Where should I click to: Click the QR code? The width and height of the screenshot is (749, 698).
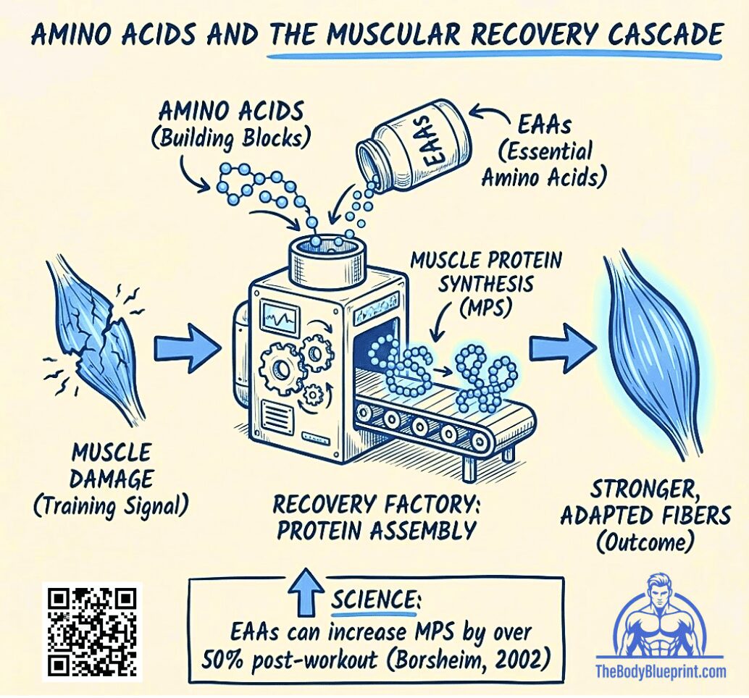click(92, 631)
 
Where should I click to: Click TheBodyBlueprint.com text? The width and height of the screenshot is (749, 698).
click(660, 672)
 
